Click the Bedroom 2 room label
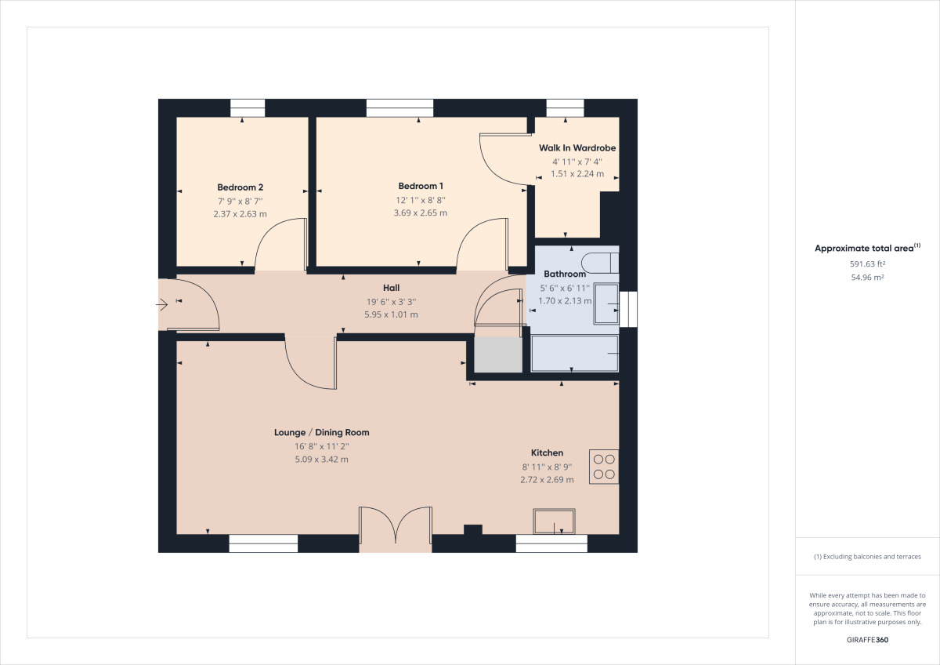tap(240, 187)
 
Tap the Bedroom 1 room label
tap(421, 186)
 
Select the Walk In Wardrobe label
tap(577, 148)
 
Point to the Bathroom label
tap(565, 274)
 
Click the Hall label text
tap(391, 288)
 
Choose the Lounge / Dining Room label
tap(321, 432)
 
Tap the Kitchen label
tap(547, 452)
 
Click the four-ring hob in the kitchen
tap(604, 467)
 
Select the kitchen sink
tap(554, 521)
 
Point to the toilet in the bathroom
tap(600, 263)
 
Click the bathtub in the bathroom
tap(574, 354)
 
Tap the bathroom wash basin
tap(606, 303)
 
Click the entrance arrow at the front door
tap(162, 304)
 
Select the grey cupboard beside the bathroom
tap(498, 354)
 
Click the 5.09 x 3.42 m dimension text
tap(321, 460)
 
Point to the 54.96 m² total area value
tap(867, 278)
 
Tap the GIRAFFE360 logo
tap(867, 640)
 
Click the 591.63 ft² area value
tap(867, 263)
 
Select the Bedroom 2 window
tap(248, 108)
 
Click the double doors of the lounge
tap(396, 529)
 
